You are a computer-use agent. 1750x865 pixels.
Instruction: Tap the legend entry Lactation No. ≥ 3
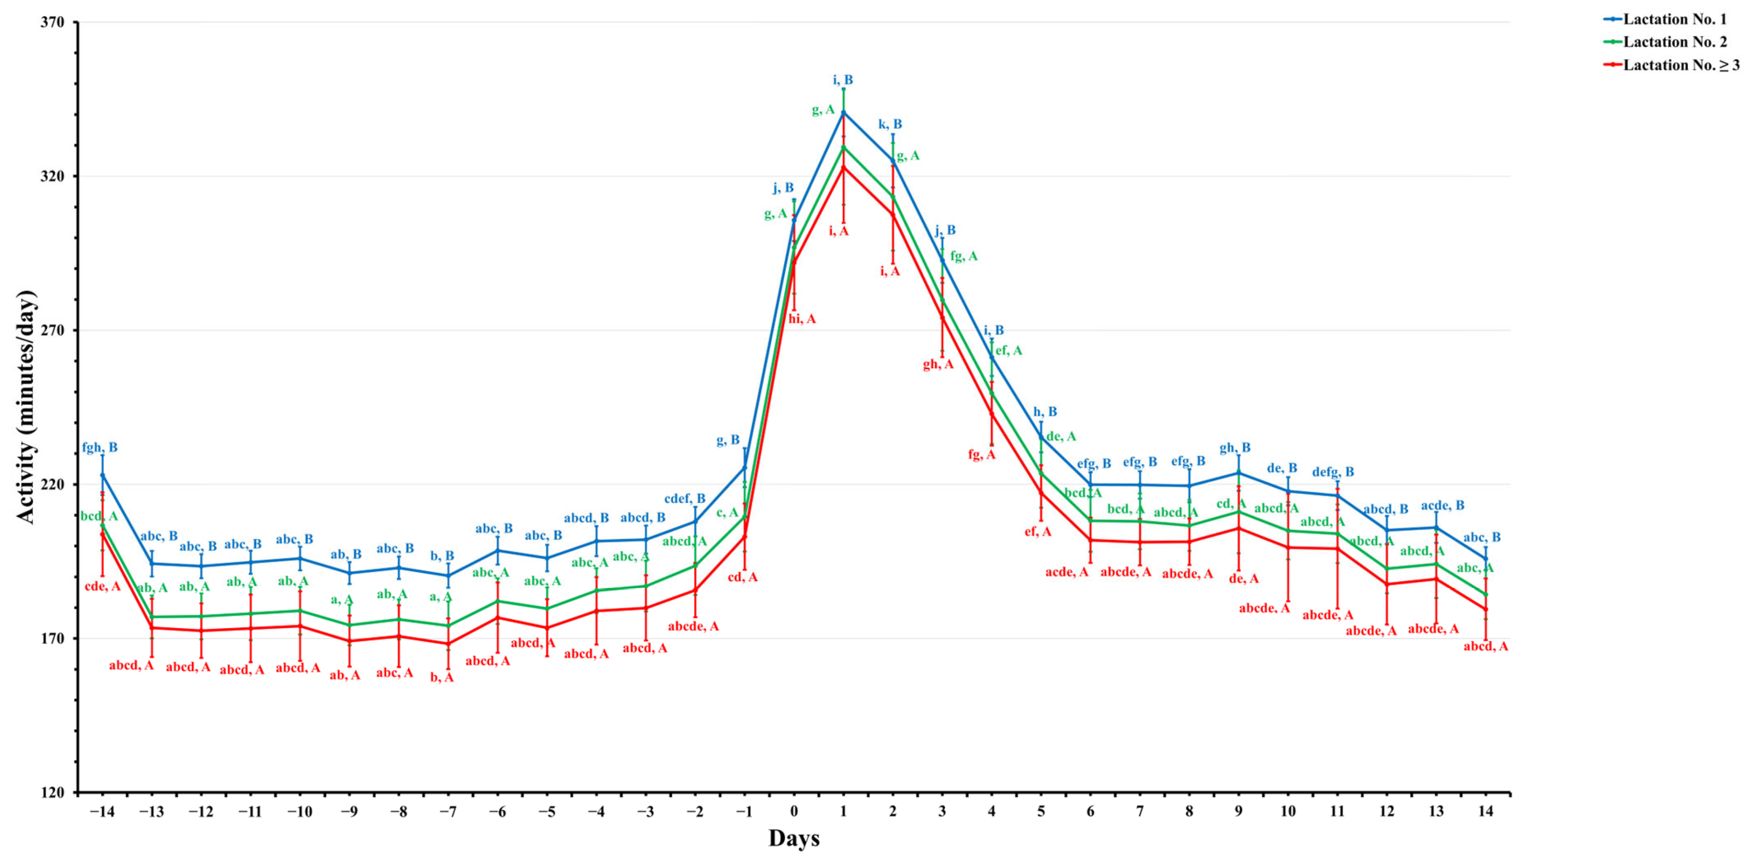1681,65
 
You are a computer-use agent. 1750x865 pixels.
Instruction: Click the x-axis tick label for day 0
793,811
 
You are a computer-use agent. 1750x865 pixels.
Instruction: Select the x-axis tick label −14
102,811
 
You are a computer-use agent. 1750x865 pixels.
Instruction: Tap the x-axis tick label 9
1239,811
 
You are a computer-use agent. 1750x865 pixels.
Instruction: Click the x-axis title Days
793,838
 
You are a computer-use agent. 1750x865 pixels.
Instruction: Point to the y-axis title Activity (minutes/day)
26,408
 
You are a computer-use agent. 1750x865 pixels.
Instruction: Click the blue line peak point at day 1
843,112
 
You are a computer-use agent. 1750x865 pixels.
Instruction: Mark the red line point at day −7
448,643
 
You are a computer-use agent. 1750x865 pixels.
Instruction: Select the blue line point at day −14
102,475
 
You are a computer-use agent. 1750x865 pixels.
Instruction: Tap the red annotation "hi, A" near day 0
802,319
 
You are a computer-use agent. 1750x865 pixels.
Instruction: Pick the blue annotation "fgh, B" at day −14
100,447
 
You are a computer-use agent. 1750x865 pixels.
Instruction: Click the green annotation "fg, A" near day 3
963,256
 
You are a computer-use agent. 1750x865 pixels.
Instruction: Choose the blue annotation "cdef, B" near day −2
685,499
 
